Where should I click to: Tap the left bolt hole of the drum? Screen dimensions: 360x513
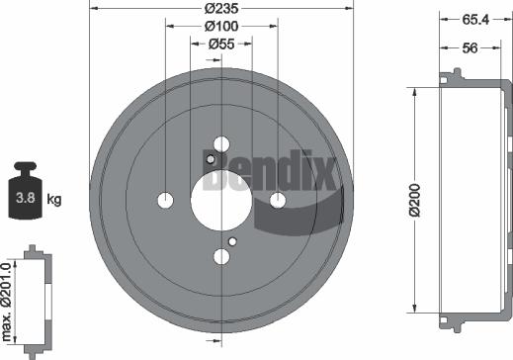coord(164,201)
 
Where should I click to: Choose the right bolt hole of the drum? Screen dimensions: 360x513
coord(279,201)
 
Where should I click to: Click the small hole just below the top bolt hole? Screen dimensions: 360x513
coord(211,159)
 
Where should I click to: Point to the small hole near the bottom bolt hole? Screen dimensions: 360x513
coord(232,241)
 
